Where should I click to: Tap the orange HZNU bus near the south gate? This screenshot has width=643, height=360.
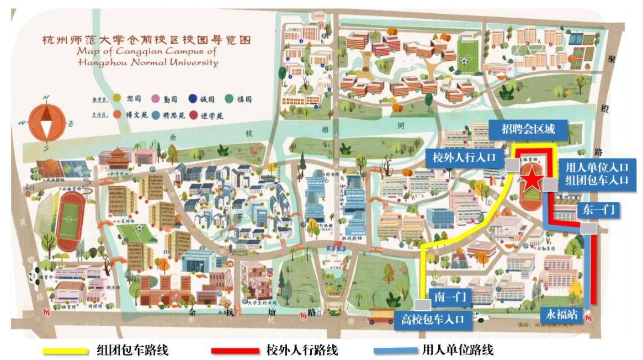[381, 315]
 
